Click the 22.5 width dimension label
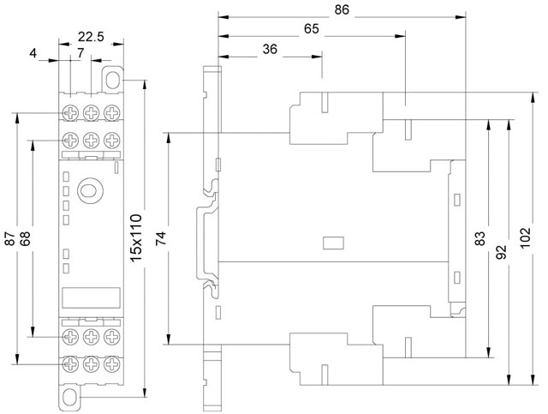pyautogui.click(x=92, y=36)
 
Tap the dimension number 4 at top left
pyautogui.click(x=33, y=53)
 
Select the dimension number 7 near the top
pyautogui.click(x=80, y=53)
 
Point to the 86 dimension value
pyautogui.click(x=340, y=11)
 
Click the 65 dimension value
pyautogui.click(x=311, y=29)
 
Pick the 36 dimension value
pyautogui.click(x=269, y=49)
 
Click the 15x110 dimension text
pyautogui.click(x=135, y=239)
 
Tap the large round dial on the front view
pyautogui.click(x=89, y=190)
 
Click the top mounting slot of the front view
pyautogui.click(x=113, y=78)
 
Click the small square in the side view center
pyautogui.click(x=327, y=242)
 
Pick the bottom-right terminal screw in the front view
pyautogui.click(x=110, y=364)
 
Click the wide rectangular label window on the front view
pyautogui.click(x=89, y=297)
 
